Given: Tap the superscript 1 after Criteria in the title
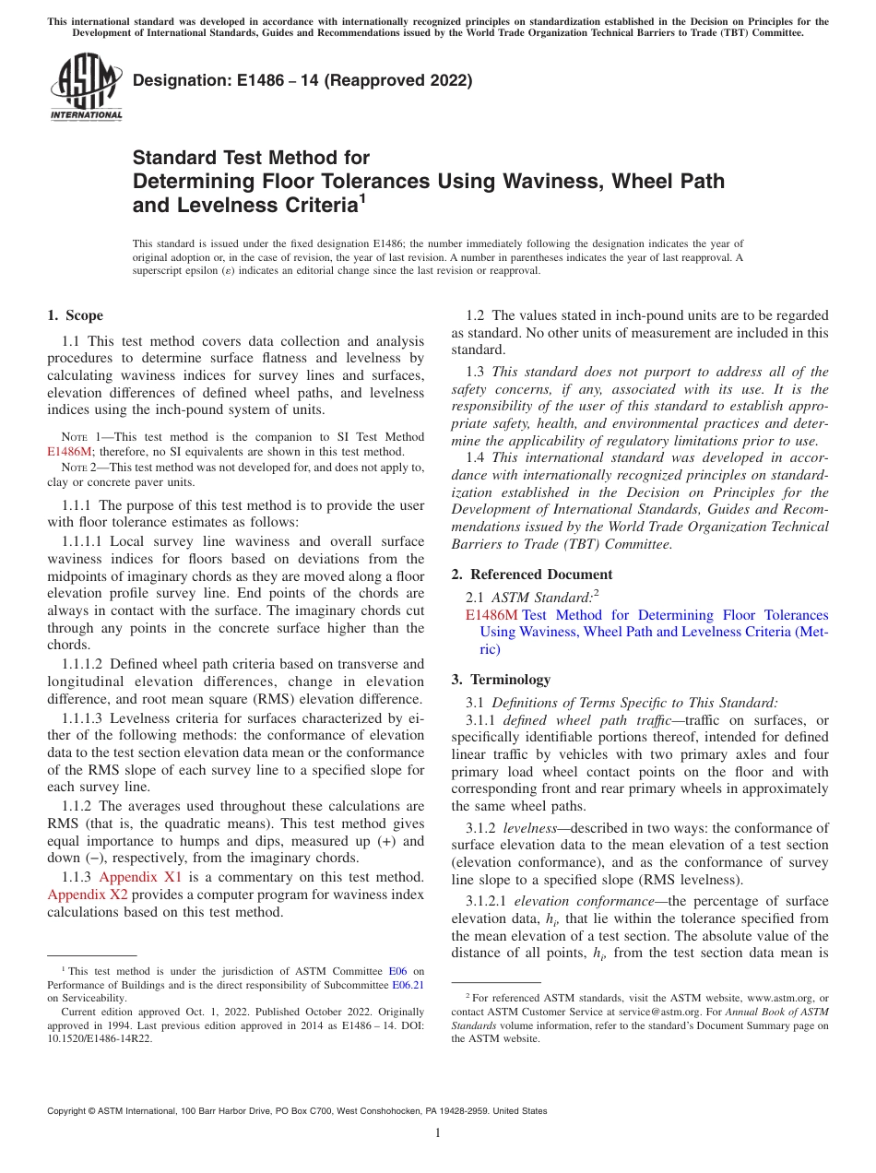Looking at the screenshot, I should (362, 196).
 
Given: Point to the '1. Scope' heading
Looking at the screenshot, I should (75, 315).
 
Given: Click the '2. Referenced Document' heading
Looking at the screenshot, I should (531, 575).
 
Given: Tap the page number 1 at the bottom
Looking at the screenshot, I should (438, 1133).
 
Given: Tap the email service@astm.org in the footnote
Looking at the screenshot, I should (625, 1012).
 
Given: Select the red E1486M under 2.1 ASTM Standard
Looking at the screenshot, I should (491, 615).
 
